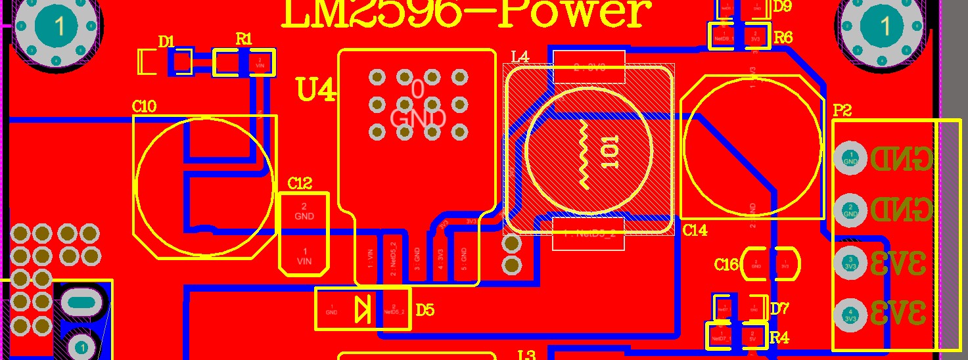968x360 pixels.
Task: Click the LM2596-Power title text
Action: pyautogui.click(x=467, y=14)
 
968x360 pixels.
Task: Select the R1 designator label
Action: pyautogui.click(x=244, y=39)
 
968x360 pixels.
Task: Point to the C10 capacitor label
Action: pyautogui.click(x=144, y=106)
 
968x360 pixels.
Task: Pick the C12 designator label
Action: pyautogui.click(x=300, y=184)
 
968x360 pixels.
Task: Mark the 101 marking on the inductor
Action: pyautogui.click(x=609, y=152)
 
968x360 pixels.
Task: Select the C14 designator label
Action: pyautogui.click(x=695, y=231)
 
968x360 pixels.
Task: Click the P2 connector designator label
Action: pyautogui.click(x=842, y=110)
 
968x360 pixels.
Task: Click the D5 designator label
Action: pyautogui.click(x=425, y=309)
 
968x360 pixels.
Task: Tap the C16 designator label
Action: pyautogui.click(x=726, y=265)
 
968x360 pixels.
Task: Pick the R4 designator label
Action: pyautogui.click(x=779, y=338)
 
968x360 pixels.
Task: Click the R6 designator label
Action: pyautogui.click(x=783, y=37)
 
